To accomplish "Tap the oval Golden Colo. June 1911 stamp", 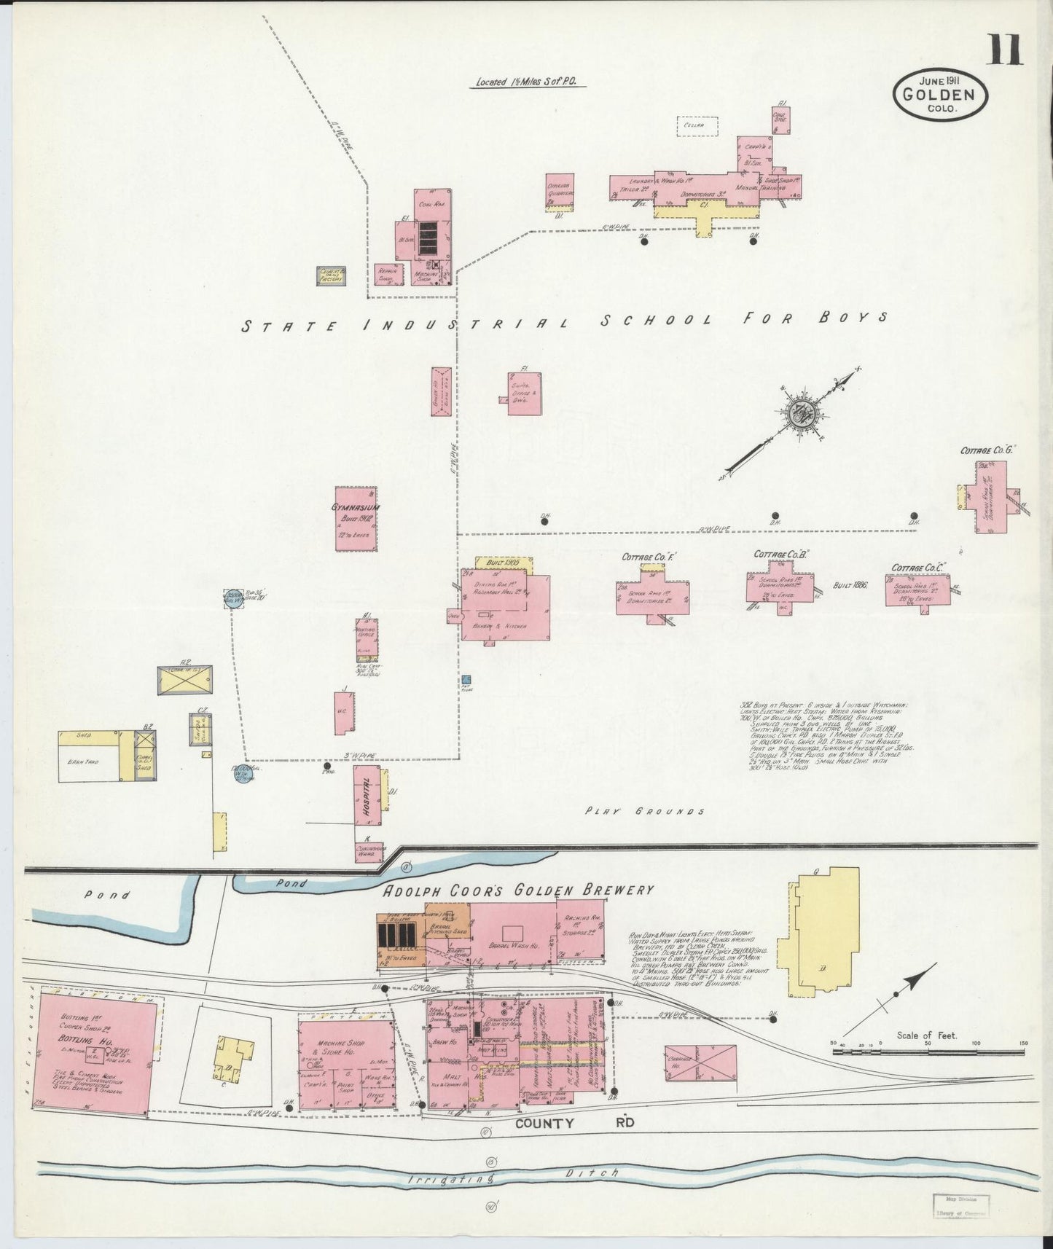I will coord(940,94).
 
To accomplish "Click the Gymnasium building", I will coord(356,518).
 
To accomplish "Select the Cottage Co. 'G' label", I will coord(987,450).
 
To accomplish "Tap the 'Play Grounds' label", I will coord(645,811).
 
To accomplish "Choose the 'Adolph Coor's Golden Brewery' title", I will coord(518,890).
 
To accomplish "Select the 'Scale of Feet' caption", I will coord(926,1035).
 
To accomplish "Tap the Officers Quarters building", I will coord(560,192).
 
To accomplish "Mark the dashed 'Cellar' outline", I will coord(697,127).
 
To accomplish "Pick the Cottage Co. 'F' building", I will coord(652,594).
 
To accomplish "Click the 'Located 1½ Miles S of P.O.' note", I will coord(526,82).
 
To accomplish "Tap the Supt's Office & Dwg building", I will coord(525,394).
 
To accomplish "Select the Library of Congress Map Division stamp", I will coord(960,1206).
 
